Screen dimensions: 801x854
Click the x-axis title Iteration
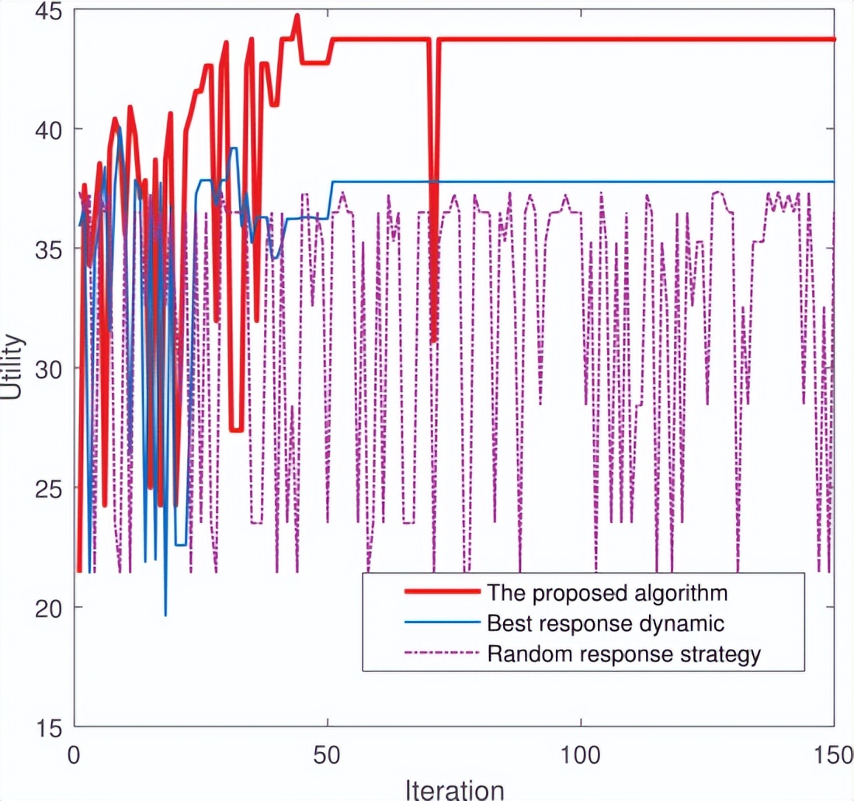coord(454,789)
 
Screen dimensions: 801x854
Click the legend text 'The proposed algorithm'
coord(607,594)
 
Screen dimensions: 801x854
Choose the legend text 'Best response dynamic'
coord(606,623)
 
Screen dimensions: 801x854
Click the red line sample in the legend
coord(440,592)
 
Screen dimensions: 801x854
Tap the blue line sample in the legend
coord(440,622)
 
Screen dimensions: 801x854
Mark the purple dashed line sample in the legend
coord(440,653)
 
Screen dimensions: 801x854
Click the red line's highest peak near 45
coord(297,16)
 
